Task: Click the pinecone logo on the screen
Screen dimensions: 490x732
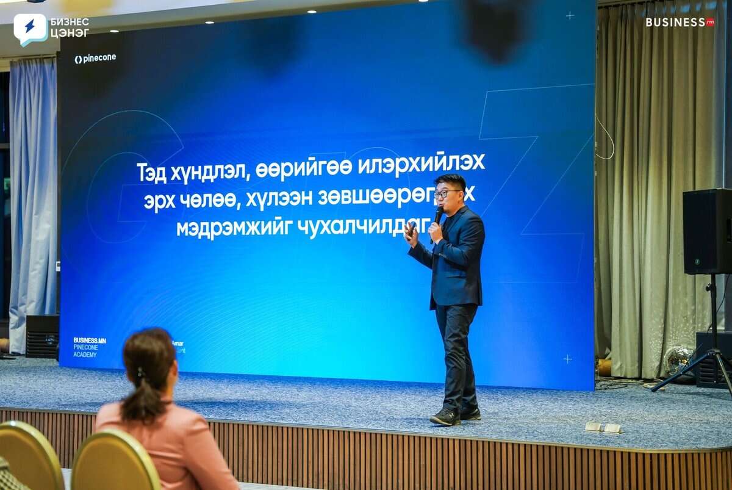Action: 95,59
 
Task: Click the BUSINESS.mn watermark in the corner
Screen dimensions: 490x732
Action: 680,22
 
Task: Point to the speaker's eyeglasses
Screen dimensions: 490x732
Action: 447,194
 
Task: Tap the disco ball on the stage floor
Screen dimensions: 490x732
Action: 678,360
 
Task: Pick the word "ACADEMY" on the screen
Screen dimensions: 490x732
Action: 85,355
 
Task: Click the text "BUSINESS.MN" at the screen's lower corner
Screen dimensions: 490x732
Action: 90,340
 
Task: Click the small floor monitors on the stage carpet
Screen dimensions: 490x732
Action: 603,427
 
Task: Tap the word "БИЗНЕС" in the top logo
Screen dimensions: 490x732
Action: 69,22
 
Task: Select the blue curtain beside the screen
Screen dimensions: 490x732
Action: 33,201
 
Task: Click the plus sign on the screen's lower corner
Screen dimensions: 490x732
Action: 567,359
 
